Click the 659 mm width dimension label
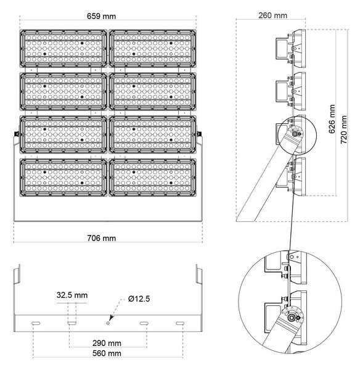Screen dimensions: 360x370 click(x=102, y=16)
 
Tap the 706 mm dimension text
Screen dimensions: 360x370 click(x=102, y=238)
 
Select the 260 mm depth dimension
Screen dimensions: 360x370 click(x=272, y=15)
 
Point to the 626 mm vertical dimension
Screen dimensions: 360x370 click(x=332, y=119)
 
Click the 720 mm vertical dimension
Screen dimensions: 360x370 click(x=344, y=129)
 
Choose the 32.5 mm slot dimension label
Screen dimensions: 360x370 click(x=72, y=295)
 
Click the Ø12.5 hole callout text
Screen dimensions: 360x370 click(x=139, y=299)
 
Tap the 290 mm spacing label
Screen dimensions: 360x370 click(x=107, y=343)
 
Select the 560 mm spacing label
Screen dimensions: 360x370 click(x=107, y=353)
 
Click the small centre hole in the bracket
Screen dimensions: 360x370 click(x=108, y=323)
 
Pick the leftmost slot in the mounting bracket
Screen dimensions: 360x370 click(x=36, y=323)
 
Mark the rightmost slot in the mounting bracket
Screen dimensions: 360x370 click(x=180, y=323)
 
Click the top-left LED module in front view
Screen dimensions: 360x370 click(x=63, y=48)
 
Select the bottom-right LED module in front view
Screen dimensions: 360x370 click(x=152, y=177)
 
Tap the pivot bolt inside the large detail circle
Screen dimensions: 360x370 click(x=292, y=318)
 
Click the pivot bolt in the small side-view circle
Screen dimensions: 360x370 click(x=295, y=134)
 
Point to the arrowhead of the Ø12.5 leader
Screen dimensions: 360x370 click(x=111, y=318)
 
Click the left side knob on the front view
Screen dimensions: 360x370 click(x=16, y=134)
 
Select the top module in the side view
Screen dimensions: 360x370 click(x=291, y=48)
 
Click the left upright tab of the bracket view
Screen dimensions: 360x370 click(x=17, y=274)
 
